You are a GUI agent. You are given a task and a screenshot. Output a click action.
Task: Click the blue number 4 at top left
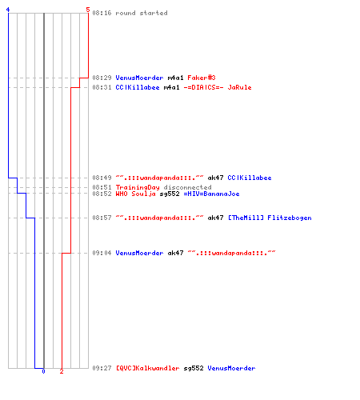[x=8, y=10]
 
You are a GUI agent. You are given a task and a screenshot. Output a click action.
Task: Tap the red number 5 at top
[x=88, y=10]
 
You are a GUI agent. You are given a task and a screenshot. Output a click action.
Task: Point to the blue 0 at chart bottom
[x=43, y=371]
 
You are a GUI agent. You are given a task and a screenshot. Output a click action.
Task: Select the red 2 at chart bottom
[x=62, y=371]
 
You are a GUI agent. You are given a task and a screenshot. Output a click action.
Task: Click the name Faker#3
[x=202, y=78]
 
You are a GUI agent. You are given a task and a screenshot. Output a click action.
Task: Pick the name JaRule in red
[x=239, y=87]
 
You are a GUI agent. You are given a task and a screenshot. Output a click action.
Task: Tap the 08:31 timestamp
[x=102, y=87]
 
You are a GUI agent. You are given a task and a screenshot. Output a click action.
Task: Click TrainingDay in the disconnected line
[x=138, y=187]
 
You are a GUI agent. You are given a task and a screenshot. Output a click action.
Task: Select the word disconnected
[x=187, y=187]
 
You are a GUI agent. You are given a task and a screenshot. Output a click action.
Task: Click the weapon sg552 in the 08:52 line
[x=170, y=194]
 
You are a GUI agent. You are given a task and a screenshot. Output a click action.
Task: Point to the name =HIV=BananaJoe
[x=211, y=194]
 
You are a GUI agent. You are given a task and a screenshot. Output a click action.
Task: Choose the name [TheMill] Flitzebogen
[x=270, y=218]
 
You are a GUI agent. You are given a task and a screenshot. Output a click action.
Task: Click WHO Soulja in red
[x=135, y=194]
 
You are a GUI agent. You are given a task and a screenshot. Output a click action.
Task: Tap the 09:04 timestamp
[x=102, y=253]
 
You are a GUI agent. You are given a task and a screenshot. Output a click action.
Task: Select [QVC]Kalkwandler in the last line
[x=147, y=368]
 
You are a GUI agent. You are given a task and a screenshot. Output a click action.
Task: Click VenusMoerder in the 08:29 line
[x=139, y=78]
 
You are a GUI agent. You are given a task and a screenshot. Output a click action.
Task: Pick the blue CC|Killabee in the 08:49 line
[x=250, y=178]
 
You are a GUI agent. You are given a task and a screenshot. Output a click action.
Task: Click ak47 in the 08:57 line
[x=215, y=218]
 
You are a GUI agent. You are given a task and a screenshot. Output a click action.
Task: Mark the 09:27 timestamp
[x=102, y=368]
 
